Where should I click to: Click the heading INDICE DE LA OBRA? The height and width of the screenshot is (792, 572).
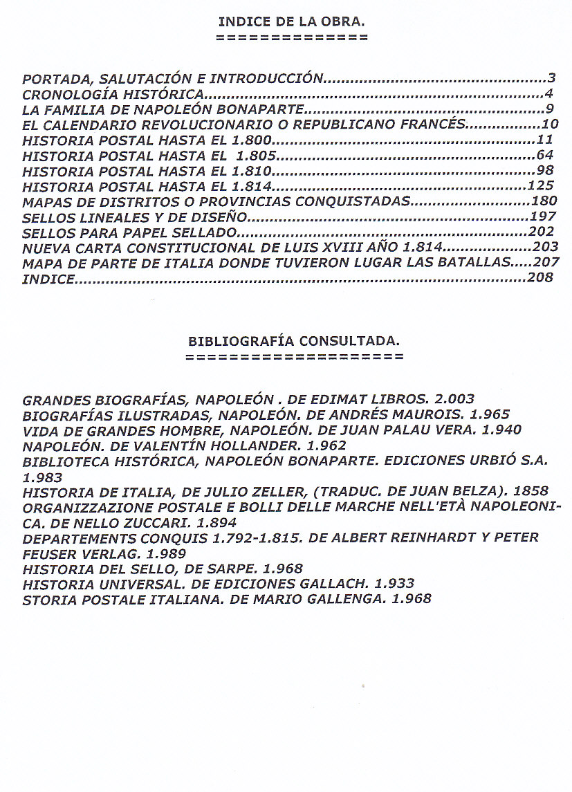[291, 21]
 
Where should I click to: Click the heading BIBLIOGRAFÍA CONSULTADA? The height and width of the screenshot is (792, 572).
[294, 341]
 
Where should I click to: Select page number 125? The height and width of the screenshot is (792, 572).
[540, 185]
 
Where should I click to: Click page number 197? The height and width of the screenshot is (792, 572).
[544, 217]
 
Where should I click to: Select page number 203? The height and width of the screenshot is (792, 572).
[545, 247]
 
